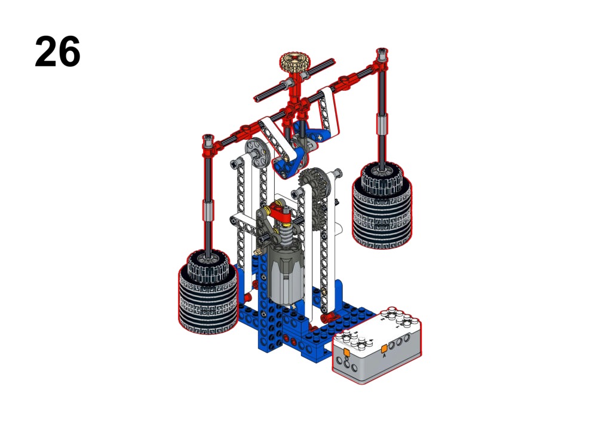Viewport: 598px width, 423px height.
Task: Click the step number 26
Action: click(57, 51)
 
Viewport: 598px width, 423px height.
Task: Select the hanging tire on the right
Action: click(382, 207)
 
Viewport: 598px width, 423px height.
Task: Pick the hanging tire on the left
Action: click(208, 292)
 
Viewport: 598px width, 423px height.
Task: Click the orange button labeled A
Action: click(384, 349)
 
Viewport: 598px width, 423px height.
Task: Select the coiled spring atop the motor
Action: click(286, 229)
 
